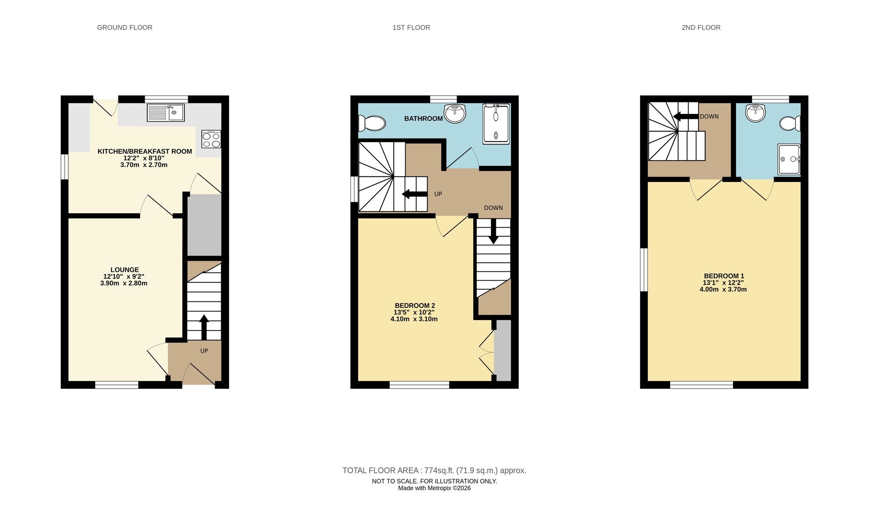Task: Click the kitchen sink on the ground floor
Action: point(166,112)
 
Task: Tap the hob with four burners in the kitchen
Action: point(211,139)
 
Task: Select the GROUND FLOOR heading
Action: point(125,27)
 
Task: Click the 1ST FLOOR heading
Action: point(411,27)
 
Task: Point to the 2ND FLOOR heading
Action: point(701,27)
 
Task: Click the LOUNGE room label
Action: point(124,270)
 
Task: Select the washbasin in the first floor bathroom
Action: point(454,113)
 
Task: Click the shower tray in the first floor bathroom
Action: point(496,124)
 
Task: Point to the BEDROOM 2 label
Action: point(415,305)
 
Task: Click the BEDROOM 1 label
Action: point(724,276)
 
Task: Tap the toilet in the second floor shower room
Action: point(789,123)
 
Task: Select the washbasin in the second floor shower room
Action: point(755,113)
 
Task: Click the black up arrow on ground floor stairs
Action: point(204,327)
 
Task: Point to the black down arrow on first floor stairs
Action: point(493,231)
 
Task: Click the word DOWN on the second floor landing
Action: point(709,116)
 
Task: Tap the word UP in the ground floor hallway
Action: point(204,351)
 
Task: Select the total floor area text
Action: point(434,470)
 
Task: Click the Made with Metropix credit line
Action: point(434,488)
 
